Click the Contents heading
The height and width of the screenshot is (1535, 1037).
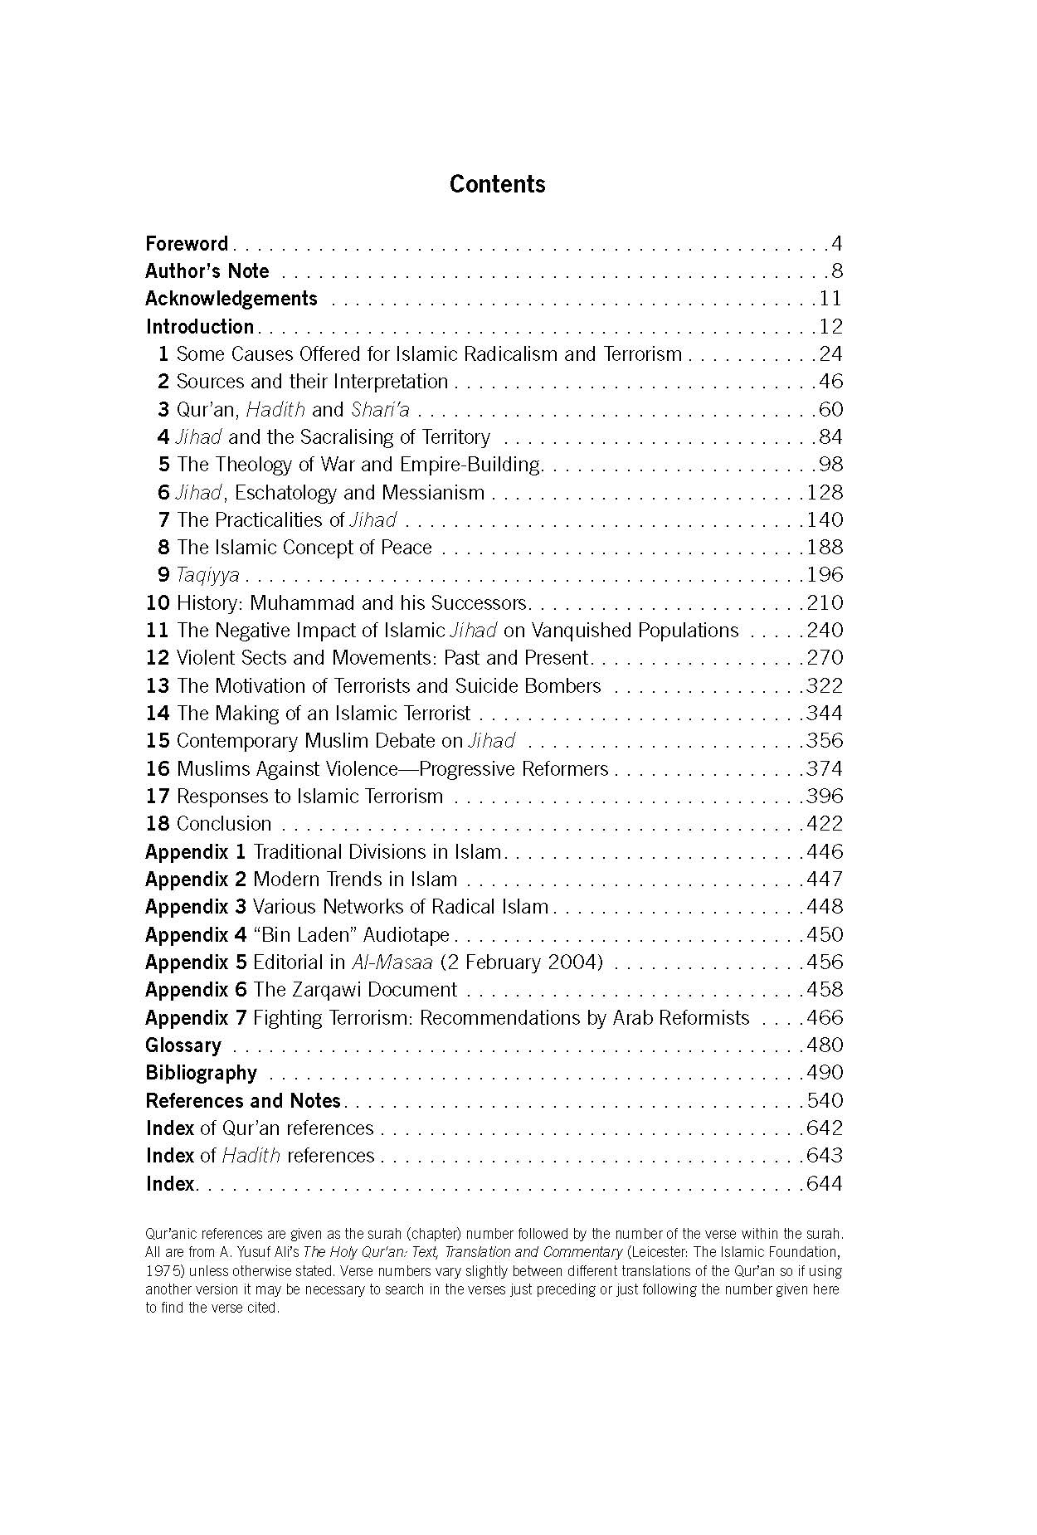(497, 184)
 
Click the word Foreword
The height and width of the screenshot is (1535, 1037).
(187, 244)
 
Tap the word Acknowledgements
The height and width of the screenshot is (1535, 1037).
(231, 299)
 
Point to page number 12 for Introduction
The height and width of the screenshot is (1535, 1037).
(830, 327)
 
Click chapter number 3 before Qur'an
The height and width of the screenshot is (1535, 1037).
(163, 410)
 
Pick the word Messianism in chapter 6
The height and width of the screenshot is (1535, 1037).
(432, 493)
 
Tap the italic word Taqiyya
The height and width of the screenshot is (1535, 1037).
(207, 575)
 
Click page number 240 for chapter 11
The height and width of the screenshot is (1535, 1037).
(825, 631)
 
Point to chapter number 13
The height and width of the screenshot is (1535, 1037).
(158, 686)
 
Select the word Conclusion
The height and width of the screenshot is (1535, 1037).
(224, 824)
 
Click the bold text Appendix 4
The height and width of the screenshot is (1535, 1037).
(196, 935)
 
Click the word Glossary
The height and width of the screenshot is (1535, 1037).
(183, 1045)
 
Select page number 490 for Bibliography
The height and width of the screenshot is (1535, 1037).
(825, 1073)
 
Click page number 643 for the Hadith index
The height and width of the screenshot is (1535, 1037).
(825, 1156)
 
